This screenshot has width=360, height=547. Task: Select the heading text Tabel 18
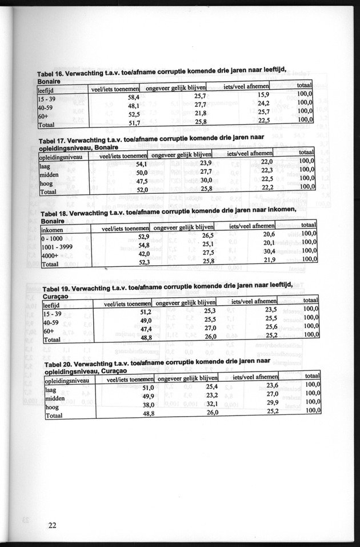coord(56,214)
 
